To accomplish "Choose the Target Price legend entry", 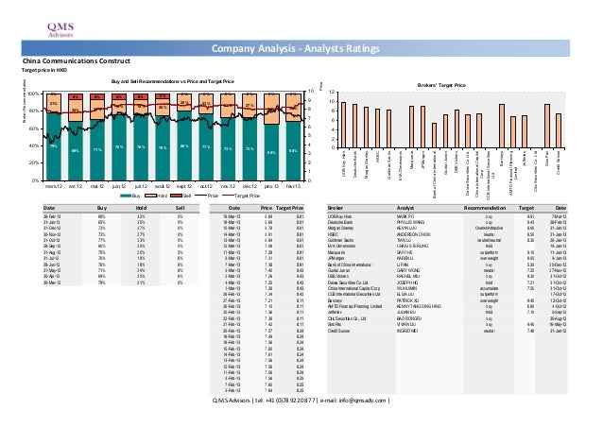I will tap(242, 196).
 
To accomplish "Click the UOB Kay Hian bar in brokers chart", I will tap(344, 124).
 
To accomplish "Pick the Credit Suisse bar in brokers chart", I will tap(558, 130).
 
